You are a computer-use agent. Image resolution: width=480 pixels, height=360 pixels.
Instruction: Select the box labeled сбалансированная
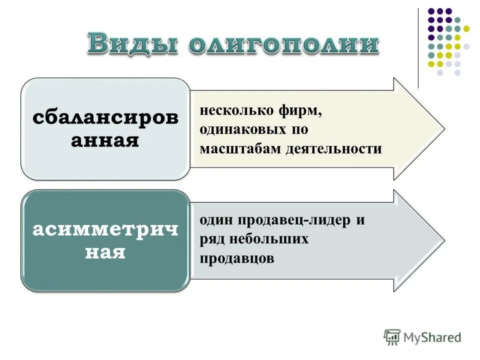105,129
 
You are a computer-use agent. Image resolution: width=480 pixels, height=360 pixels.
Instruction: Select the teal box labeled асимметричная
105,240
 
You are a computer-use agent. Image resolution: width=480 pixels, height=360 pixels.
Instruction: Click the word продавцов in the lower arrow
237,258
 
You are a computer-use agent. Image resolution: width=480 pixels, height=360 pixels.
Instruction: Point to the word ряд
212,239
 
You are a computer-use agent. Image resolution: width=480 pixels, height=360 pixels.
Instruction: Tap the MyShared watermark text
433,337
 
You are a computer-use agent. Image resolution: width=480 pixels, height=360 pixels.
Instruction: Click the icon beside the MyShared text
392,337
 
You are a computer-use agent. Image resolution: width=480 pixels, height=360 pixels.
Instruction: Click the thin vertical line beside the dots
418,47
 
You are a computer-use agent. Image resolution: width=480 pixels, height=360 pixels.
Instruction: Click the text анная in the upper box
104,140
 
